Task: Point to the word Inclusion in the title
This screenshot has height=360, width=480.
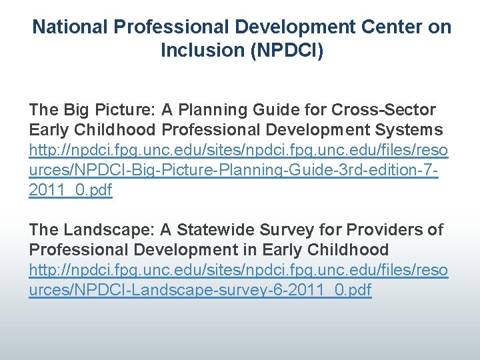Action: [x=203, y=51]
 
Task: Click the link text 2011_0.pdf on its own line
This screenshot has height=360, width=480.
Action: [x=71, y=190]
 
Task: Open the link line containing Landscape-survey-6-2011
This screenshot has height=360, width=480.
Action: [x=200, y=291]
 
